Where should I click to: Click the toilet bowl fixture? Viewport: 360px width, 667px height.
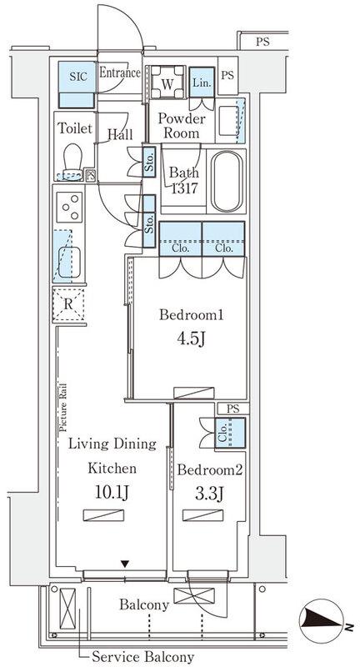pyautogui.click(x=73, y=162)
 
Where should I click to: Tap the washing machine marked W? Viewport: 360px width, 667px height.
pyautogui.click(x=167, y=83)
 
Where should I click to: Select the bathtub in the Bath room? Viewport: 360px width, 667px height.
pyautogui.click(x=227, y=181)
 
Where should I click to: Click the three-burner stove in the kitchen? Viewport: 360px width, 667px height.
pyautogui.click(x=70, y=207)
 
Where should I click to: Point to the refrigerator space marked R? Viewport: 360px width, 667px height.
pyautogui.click(x=68, y=304)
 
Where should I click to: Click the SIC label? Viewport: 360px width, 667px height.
pyautogui.click(x=77, y=77)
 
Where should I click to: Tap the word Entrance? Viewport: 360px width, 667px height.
pyautogui.click(x=120, y=73)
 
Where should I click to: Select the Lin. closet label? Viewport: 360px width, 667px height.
pyautogui.click(x=202, y=83)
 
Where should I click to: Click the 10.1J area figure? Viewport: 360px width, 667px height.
pyautogui.click(x=112, y=493)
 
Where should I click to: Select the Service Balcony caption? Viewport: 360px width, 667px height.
pyautogui.click(x=143, y=656)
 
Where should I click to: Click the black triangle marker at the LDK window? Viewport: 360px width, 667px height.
pyautogui.click(x=124, y=564)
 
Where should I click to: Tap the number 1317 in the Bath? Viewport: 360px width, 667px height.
pyautogui.click(x=184, y=188)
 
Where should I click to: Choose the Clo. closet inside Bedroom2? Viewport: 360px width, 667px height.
pyautogui.click(x=230, y=433)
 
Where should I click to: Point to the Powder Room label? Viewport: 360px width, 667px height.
pyautogui.click(x=182, y=126)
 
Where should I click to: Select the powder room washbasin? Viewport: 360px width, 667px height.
pyautogui.click(x=230, y=120)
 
